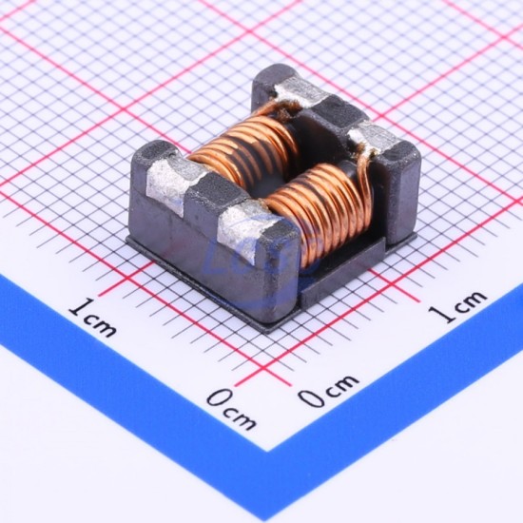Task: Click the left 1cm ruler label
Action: click(x=93, y=318)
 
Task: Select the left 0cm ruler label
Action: click(x=232, y=409)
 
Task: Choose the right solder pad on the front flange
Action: click(x=247, y=230)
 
